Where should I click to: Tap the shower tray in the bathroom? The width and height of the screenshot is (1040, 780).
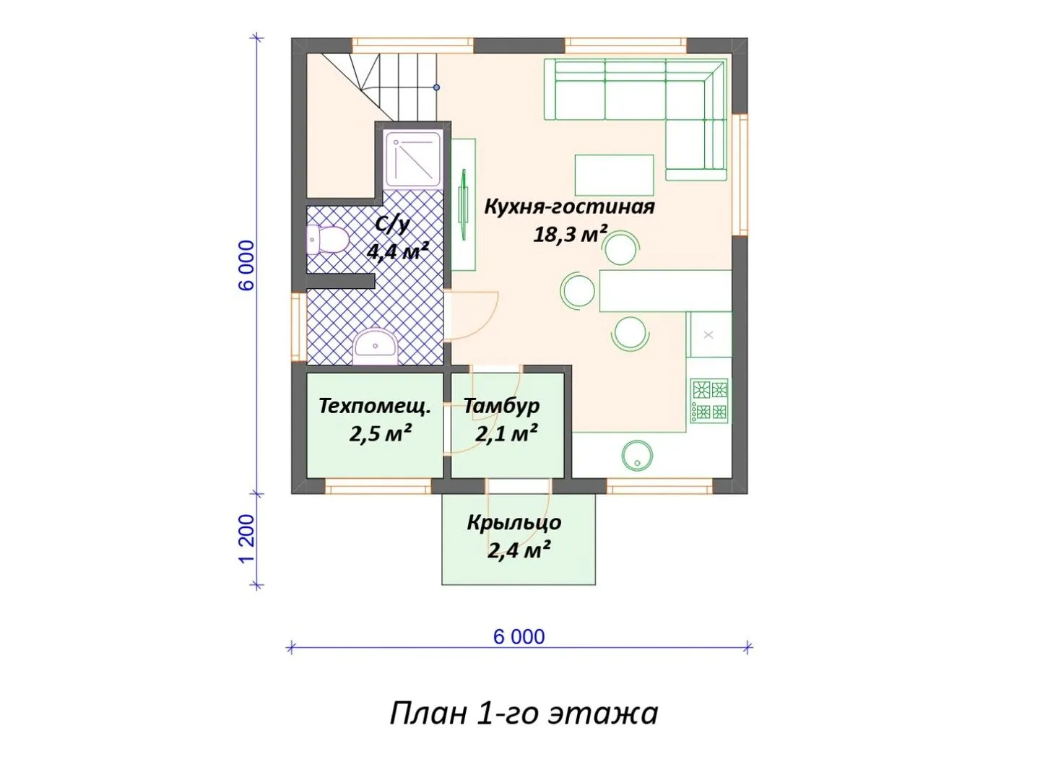[x=413, y=160]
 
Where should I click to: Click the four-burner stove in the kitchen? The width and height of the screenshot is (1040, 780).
[x=708, y=400]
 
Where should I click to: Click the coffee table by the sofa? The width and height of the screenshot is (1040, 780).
[x=614, y=175]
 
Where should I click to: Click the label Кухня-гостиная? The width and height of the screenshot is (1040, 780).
[x=569, y=207]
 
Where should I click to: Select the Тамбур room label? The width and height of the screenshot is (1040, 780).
[x=501, y=406]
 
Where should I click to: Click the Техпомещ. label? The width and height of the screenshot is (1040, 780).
[x=374, y=407]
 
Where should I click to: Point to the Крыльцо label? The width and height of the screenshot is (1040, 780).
[x=514, y=523]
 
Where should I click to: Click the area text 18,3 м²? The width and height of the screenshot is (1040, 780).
[x=570, y=234]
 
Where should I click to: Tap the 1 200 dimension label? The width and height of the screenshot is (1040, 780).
[x=247, y=539]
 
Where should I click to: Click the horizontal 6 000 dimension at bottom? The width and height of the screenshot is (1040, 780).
[x=519, y=637]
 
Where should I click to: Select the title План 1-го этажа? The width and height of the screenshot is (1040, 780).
[x=524, y=714]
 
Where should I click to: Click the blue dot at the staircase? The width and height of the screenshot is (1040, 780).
[x=436, y=87]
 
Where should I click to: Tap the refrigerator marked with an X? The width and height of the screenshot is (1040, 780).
[x=708, y=334]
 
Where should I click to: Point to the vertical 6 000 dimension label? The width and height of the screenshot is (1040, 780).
[x=247, y=265]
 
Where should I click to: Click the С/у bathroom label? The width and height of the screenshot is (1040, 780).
[x=391, y=225]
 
